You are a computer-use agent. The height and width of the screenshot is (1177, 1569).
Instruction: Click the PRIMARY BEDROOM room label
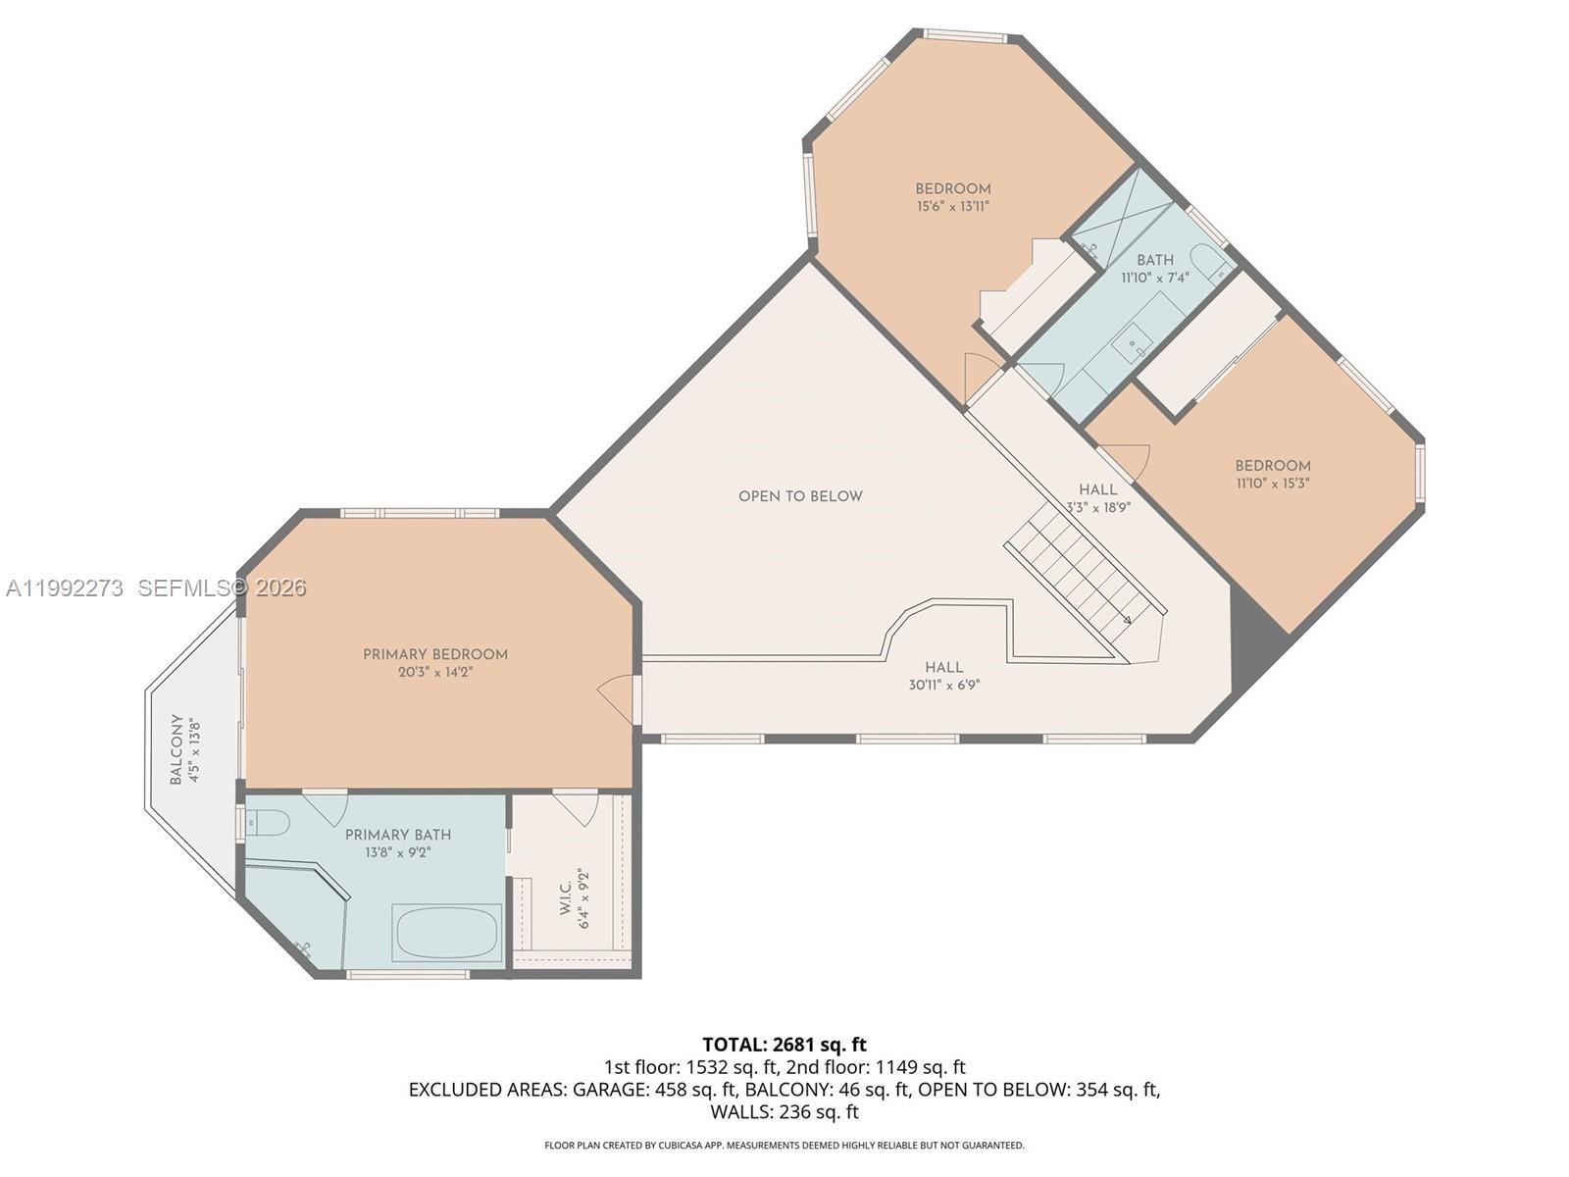[435, 654]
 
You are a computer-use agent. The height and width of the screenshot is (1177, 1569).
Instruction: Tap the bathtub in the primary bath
[447, 933]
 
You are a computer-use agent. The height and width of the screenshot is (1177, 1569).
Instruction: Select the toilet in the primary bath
[268, 822]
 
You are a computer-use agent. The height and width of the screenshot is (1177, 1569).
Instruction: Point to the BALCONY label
[177, 749]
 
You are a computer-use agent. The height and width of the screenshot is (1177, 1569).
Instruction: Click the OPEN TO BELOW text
[800, 496]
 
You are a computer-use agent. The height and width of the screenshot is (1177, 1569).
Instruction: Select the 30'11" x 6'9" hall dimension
[943, 686]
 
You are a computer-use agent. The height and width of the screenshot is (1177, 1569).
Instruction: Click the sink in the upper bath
[1132, 343]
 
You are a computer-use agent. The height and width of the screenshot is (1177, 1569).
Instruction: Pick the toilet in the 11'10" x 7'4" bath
[1210, 262]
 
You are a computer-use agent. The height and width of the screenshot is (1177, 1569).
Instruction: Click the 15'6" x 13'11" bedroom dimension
[953, 207]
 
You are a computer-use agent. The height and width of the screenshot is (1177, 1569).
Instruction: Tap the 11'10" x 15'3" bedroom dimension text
[1273, 484]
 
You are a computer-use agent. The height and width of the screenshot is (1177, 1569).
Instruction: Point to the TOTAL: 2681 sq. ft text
[784, 1045]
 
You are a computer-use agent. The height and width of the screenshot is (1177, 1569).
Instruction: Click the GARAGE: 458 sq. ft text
[654, 1090]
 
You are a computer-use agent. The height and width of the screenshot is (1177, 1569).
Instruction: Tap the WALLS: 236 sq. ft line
[784, 1112]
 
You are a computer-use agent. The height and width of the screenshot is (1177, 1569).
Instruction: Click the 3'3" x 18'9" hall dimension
[1098, 508]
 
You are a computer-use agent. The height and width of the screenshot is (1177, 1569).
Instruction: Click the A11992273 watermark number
[65, 588]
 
